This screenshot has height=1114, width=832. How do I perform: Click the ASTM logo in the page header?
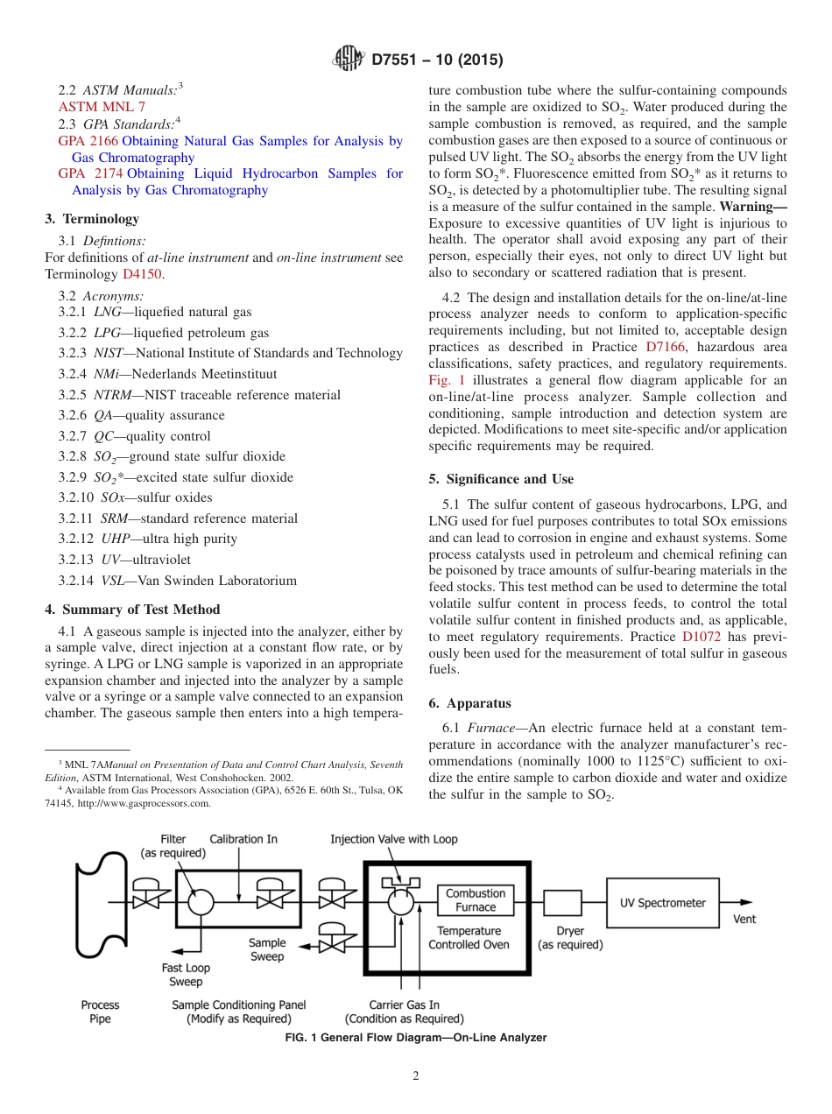349,60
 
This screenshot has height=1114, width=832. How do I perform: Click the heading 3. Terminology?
91,219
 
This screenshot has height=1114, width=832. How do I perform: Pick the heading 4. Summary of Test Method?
132,610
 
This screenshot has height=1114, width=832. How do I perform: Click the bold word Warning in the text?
751,207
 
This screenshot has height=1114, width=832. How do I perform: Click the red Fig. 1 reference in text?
447,380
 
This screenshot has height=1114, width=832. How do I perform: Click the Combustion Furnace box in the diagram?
476,900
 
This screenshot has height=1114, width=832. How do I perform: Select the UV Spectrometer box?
662,903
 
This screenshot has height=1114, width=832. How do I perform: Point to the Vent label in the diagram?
744,919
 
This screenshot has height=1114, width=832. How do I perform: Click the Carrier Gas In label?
404,1005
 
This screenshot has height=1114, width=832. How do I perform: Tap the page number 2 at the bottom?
416,1076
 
